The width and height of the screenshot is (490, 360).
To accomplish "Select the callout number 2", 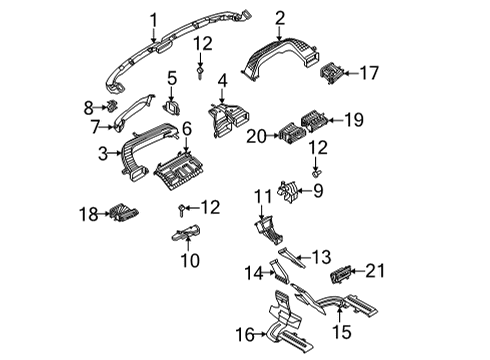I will [280, 16].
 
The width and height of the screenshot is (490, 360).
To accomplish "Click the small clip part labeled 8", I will [113, 105].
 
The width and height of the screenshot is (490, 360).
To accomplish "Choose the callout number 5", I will [171, 77].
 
